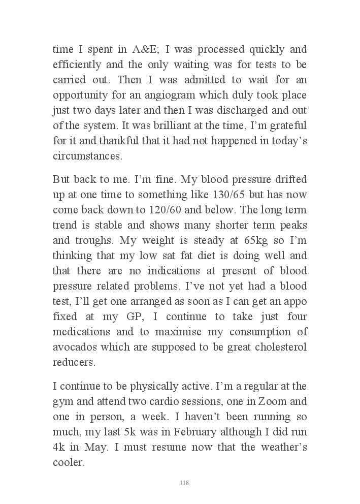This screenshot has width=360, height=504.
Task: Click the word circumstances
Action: click(87, 155)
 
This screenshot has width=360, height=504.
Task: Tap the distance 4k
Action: click(59, 447)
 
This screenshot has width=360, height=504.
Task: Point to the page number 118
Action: click(184, 483)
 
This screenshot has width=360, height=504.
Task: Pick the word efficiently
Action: click(78, 65)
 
